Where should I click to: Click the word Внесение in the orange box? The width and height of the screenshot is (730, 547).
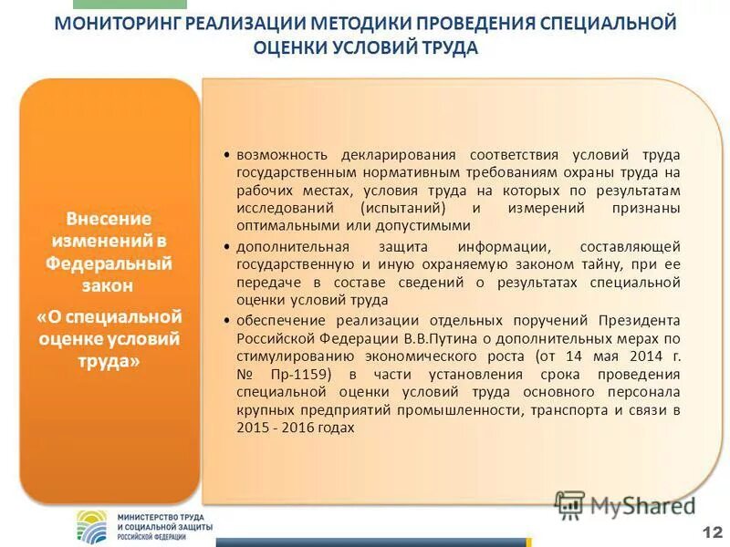point(109,220)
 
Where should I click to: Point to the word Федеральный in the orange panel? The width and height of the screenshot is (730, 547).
point(109,263)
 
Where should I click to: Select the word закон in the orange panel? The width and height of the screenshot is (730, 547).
point(109,285)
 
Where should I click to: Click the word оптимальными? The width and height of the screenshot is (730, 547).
point(279,225)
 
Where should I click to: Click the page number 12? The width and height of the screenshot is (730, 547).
point(710,532)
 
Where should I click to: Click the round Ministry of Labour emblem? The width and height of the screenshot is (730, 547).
point(91,526)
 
